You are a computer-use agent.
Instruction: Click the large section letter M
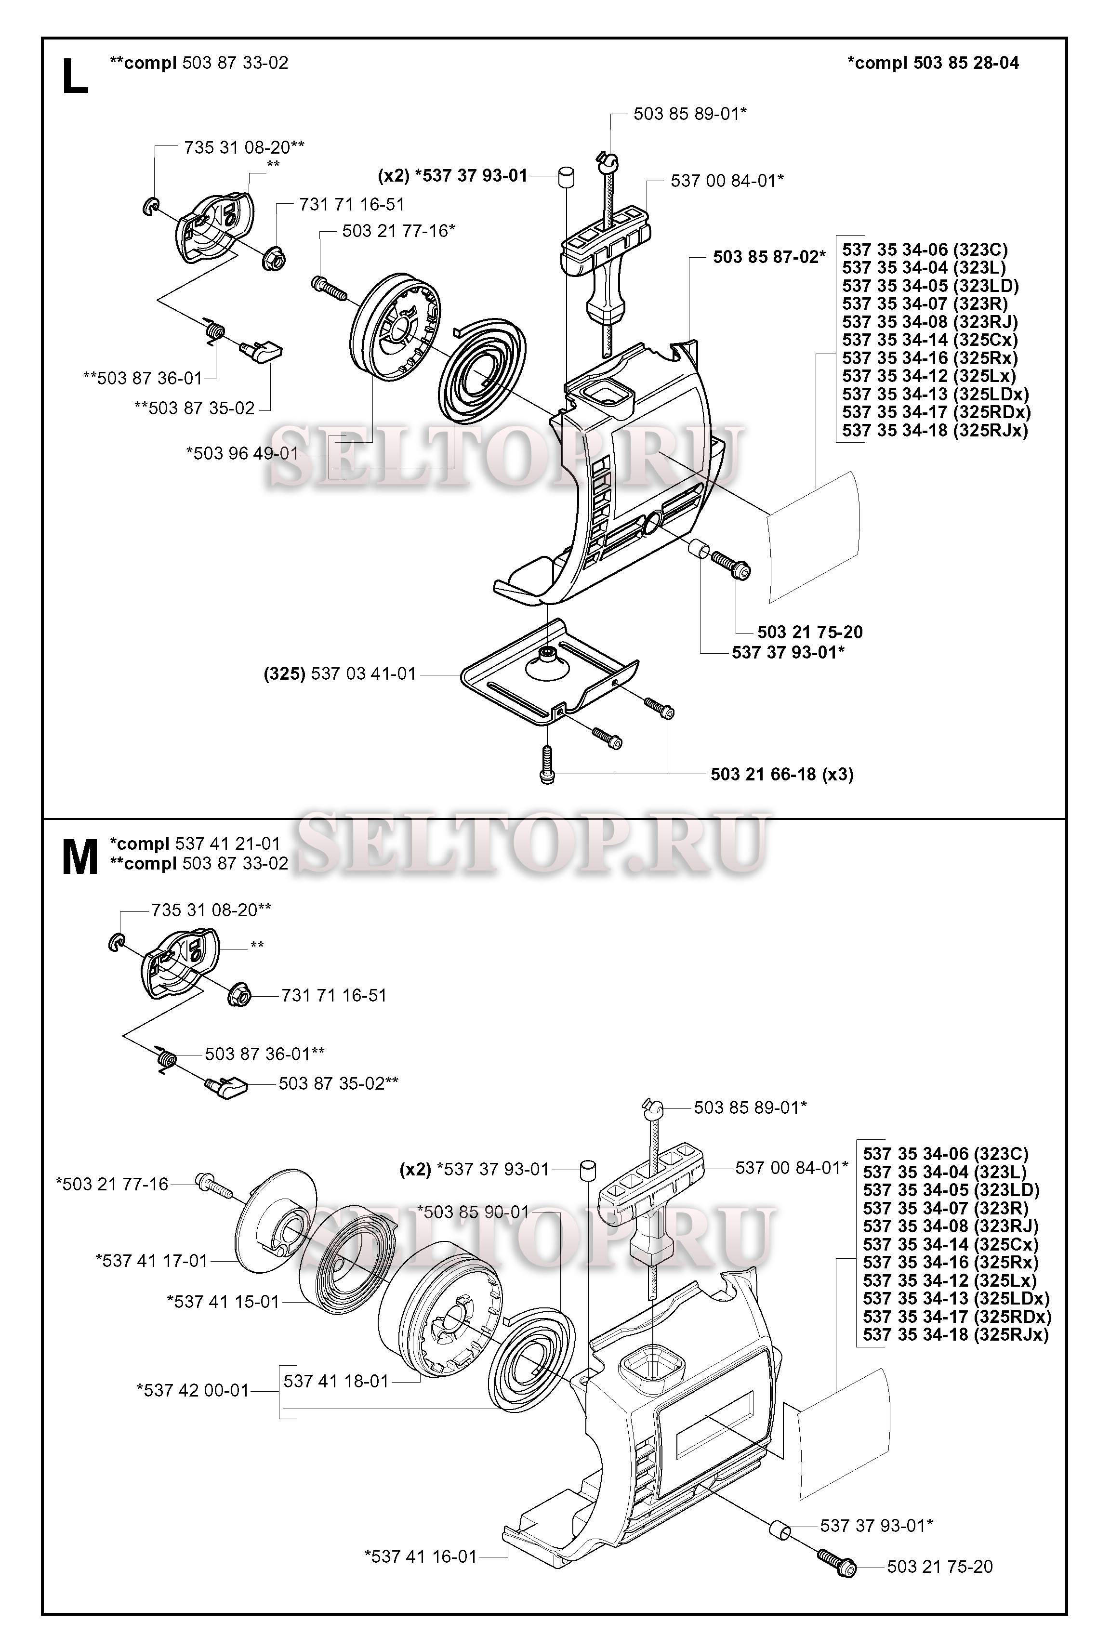coord(80,858)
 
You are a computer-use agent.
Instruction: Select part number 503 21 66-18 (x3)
coord(782,774)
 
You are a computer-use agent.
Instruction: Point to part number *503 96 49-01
coord(242,453)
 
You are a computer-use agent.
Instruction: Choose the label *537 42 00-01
coord(193,1390)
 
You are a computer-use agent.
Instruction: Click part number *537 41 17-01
coord(152,1261)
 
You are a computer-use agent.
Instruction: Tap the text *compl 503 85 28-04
coord(933,63)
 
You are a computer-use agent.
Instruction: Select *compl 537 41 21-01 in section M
coord(195,844)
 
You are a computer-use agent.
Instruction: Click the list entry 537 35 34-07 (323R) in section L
coord(925,303)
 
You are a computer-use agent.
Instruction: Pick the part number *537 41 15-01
coord(223,1302)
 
